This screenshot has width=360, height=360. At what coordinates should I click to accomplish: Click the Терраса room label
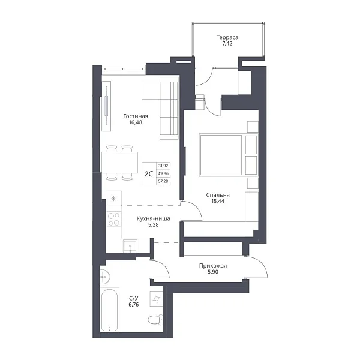[x=227, y=37]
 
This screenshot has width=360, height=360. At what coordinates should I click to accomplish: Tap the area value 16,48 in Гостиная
[x=136, y=122]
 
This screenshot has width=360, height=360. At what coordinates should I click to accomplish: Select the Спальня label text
[x=218, y=195]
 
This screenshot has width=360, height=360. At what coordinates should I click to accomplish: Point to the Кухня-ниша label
[x=154, y=218]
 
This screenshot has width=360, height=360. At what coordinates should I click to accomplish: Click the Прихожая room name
[x=213, y=266]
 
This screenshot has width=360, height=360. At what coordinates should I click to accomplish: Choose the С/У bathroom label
[x=134, y=298]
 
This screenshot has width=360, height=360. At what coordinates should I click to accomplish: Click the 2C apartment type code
[x=149, y=174]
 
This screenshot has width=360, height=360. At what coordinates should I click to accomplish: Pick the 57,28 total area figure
[x=163, y=181]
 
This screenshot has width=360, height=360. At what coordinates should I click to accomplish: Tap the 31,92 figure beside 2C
[x=163, y=166]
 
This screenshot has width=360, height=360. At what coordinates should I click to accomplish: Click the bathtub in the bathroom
[x=110, y=310]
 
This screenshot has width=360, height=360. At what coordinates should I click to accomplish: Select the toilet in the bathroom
[x=155, y=320]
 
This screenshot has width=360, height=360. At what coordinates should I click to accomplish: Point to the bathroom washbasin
[x=104, y=277]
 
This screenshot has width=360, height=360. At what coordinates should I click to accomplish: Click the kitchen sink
[x=130, y=246]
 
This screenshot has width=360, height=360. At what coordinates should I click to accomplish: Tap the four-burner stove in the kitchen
[x=113, y=219]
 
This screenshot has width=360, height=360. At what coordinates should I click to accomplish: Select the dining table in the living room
[x=119, y=163]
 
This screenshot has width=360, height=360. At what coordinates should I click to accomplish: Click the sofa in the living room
[x=169, y=108]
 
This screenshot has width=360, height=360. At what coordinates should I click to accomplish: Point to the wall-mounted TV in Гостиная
[x=106, y=106]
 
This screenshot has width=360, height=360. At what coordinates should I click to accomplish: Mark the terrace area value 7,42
[x=227, y=44]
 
